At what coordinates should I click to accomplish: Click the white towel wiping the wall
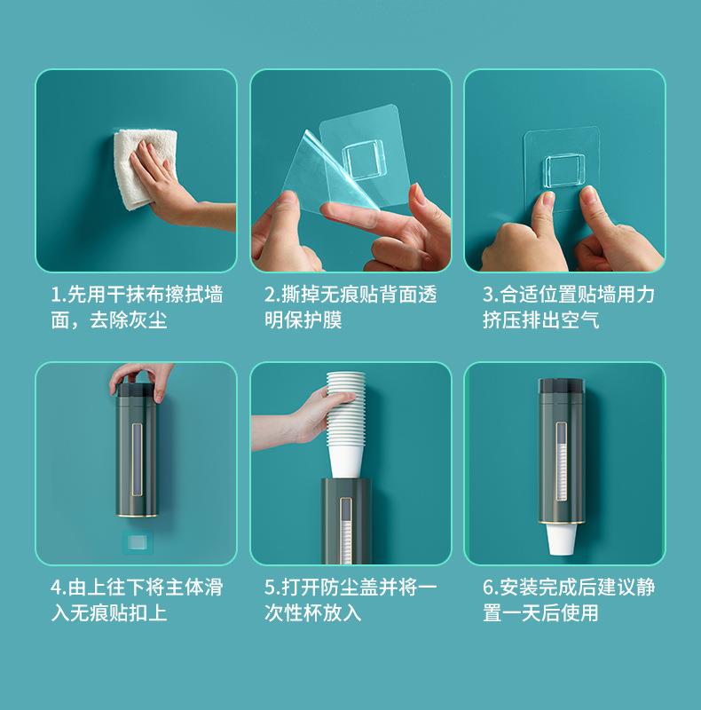tap(140, 168)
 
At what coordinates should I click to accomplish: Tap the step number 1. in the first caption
tap(59, 296)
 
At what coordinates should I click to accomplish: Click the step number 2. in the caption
tap(272, 296)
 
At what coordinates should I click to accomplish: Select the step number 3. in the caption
tap(491, 296)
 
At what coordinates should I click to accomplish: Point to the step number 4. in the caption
tap(59, 588)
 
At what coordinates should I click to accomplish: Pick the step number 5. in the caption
tap(272, 588)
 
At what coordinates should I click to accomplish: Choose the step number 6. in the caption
tap(491, 588)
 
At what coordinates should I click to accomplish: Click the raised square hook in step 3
tap(564, 170)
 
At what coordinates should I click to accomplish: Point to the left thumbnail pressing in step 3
tap(547, 198)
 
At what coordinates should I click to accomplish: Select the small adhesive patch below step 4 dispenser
tap(138, 542)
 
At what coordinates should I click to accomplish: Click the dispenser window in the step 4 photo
tap(137, 459)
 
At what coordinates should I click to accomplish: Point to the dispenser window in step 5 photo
tap(346, 531)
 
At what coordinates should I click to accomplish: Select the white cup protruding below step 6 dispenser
tap(561, 540)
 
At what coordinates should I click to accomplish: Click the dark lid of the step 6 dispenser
tap(562, 386)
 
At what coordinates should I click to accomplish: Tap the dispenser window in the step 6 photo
tap(562, 461)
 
